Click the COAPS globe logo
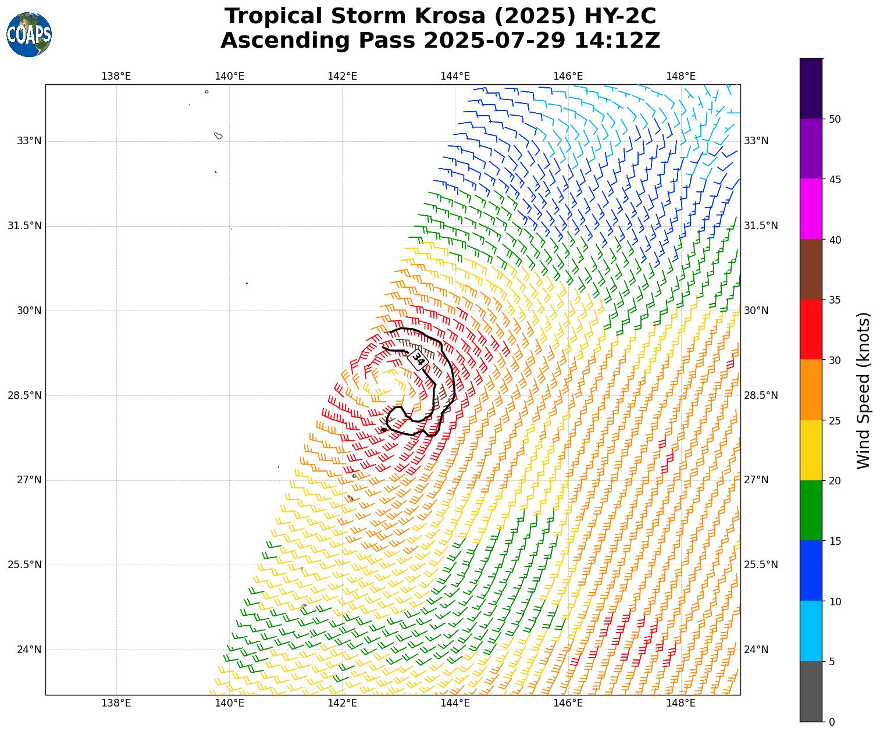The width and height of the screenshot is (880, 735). click(x=29, y=34)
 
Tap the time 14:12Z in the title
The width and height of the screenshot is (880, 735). click(x=617, y=41)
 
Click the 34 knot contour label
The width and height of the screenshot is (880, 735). click(x=418, y=359)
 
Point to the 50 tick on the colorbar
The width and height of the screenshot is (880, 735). click(x=835, y=119)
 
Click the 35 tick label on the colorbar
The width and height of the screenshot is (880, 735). click(x=835, y=300)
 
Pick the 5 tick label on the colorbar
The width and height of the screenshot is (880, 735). click(x=832, y=662)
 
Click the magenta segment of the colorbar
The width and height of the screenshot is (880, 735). click(x=811, y=209)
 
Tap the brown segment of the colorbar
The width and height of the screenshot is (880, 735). click(x=811, y=269)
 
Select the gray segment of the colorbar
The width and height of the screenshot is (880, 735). click(x=811, y=691)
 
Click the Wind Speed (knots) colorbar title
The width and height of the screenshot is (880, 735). click(x=864, y=390)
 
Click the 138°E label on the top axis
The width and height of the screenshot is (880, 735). click(x=116, y=76)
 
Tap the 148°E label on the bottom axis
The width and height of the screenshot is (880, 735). click(x=681, y=703)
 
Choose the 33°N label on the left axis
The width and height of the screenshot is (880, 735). click(x=29, y=141)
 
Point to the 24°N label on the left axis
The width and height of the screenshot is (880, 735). click(x=29, y=650)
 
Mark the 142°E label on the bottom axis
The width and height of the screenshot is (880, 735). click(x=342, y=703)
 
